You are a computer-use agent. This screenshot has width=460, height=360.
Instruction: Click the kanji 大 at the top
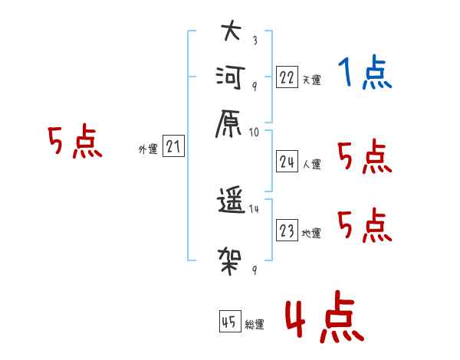(x=232, y=30)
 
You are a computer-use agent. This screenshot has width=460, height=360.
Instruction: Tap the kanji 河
(x=230, y=77)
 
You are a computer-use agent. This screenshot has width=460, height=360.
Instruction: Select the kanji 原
(x=228, y=124)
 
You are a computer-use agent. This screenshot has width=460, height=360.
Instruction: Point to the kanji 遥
(x=231, y=200)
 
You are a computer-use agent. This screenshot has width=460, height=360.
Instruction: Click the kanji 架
(x=230, y=261)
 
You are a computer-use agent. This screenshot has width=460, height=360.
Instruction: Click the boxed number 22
(x=287, y=77)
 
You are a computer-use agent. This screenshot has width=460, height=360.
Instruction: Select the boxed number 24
(x=287, y=162)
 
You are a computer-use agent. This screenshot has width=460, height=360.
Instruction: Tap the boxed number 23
(x=287, y=230)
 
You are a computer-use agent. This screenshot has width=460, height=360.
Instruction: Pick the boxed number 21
(x=173, y=146)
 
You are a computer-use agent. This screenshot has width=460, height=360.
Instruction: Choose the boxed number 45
(x=230, y=321)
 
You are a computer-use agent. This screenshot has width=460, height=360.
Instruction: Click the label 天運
(x=311, y=80)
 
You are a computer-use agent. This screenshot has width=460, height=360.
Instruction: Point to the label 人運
(x=311, y=164)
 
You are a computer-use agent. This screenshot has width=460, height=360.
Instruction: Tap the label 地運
(x=311, y=233)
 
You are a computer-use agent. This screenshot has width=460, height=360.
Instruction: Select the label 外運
(x=148, y=149)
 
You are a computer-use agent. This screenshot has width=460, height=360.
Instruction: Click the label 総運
(x=255, y=324)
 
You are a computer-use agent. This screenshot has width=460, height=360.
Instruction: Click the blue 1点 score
(x=365, y=71)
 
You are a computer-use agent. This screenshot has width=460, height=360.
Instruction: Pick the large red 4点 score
(x=325, y=316)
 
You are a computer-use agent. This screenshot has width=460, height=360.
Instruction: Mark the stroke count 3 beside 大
(x=255, y=40)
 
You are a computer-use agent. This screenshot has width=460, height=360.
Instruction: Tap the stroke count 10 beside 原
(x=254, y=133)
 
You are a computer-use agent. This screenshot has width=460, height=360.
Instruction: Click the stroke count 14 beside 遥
(x=254, y=209)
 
